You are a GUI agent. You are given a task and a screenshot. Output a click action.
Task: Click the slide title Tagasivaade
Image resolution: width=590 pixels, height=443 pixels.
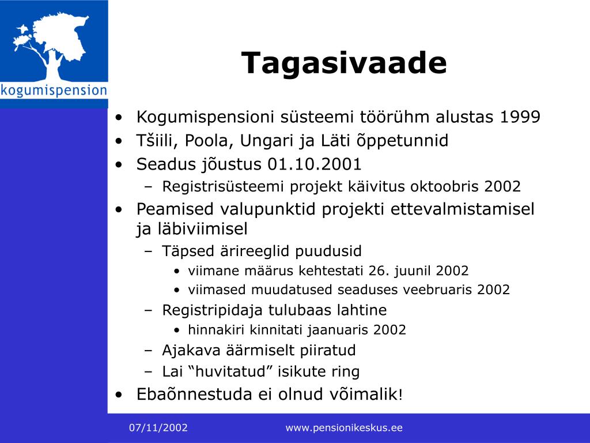(344, 63)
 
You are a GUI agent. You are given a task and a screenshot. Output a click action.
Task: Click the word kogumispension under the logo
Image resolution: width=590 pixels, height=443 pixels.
(54, 91)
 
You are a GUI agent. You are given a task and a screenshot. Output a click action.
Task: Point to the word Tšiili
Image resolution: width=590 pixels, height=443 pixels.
(158, 141)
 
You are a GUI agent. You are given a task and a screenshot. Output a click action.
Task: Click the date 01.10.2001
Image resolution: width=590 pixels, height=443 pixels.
(315, 164)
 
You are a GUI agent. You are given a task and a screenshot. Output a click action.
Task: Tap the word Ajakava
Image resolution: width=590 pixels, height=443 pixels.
(191, 350)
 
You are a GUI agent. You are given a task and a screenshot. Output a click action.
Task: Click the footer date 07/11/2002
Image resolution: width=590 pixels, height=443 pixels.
(158, 428)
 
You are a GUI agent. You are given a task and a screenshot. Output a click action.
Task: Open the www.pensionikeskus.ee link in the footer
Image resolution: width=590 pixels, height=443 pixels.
(344, 428)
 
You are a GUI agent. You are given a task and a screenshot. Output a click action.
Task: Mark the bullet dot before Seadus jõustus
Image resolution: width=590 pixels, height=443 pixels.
(119, 164)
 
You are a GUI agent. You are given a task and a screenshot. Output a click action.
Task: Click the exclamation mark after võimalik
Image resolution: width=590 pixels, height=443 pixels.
(400, 395)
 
